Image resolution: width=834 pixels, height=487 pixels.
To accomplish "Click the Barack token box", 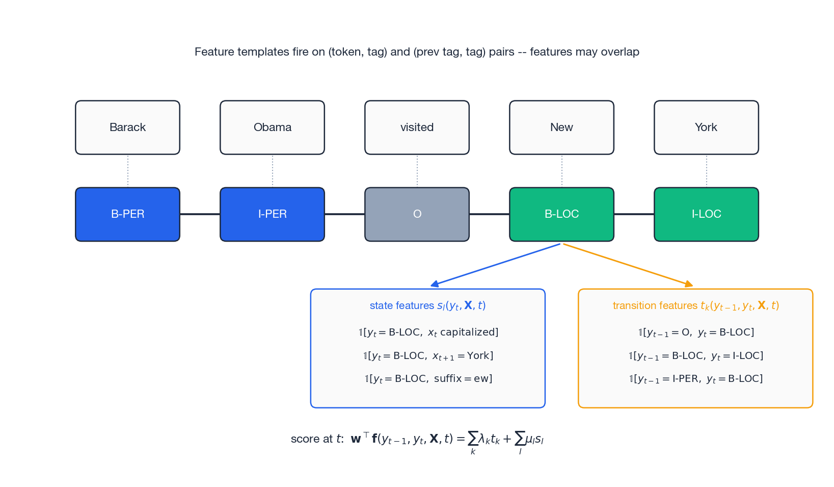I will (x=127, y=127).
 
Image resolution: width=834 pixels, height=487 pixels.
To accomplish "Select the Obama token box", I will (x=272, y=127).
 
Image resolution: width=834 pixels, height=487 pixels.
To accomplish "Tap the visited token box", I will (x=417, y=127).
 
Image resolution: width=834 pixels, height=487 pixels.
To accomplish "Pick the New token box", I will (x=561, y=127).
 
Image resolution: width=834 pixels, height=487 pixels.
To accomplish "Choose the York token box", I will (x=706, y=127).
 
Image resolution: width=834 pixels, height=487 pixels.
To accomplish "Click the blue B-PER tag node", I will (x=127, y=214).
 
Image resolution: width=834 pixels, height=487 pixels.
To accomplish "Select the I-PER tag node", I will (x=272, y=214).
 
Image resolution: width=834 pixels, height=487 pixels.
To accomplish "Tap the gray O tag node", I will (x=417, y=214).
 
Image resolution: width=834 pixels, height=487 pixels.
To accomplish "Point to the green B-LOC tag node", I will (x=561, y=214).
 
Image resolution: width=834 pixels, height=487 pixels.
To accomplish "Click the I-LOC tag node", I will (x=706, y=214).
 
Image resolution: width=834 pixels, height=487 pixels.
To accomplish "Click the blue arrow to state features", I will (x=495, y=265).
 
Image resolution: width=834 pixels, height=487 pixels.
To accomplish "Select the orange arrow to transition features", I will (x=628, y=265).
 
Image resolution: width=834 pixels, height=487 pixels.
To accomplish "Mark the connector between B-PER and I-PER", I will (x=200, y=214).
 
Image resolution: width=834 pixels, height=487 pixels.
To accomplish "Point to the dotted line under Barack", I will (x=128, y=171).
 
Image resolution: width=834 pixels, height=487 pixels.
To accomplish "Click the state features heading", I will (x=427, y=305).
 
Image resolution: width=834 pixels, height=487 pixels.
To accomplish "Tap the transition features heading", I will (x=695, y=305).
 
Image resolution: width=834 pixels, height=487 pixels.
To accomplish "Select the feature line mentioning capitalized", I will (x=428, y=332).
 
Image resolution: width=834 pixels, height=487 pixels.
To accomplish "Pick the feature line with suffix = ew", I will (x=428, y=379).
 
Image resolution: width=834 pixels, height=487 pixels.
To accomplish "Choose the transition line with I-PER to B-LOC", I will (x=695, y=379).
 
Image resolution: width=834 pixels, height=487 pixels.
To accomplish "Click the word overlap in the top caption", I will (x=620, y=52).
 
